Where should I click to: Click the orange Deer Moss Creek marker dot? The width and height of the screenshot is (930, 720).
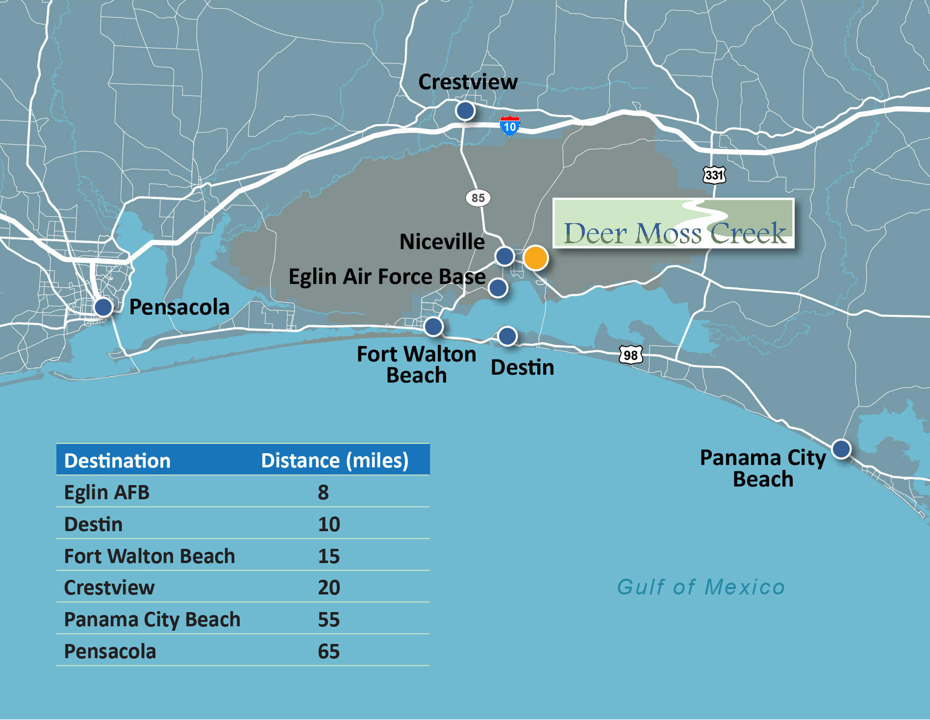(x=535, y=257)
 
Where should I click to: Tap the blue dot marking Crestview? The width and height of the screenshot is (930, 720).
(x=465, y=111)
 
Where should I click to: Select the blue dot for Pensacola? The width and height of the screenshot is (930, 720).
(x=103, y=308)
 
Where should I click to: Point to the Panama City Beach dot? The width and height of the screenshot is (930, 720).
(x=841, y=449)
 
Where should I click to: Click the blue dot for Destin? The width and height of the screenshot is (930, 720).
(x=507, y=336)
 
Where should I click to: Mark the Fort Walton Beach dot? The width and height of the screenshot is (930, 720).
(x=433, y=326)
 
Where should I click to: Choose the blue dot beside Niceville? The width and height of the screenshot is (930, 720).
(x=504, y=256)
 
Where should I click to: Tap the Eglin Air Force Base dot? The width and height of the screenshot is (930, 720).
(x=498, y=288)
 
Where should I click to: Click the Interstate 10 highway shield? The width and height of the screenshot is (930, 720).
(x=509, y=126)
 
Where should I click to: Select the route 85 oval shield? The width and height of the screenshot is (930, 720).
(x=478, y=198)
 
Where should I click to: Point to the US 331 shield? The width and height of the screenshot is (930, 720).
(x=714, y=175)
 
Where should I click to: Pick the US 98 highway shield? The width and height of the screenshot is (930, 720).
(x=630, y=355)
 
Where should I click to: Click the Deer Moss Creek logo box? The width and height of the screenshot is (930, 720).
(x=674, y=223)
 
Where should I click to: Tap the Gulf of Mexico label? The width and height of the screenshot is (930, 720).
(x=701, y=587)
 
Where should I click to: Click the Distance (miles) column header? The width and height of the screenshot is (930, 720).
(x=335, y=461)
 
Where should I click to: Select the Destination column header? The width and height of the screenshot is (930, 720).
(x=117, y=461)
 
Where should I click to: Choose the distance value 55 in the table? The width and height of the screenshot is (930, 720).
(x=328, y=619)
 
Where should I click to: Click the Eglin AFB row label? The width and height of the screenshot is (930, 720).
(x=107, y=492)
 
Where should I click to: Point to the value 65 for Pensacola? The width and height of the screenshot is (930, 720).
(x=328, y=651)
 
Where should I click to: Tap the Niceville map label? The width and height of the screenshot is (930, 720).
(x=442, y=242)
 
